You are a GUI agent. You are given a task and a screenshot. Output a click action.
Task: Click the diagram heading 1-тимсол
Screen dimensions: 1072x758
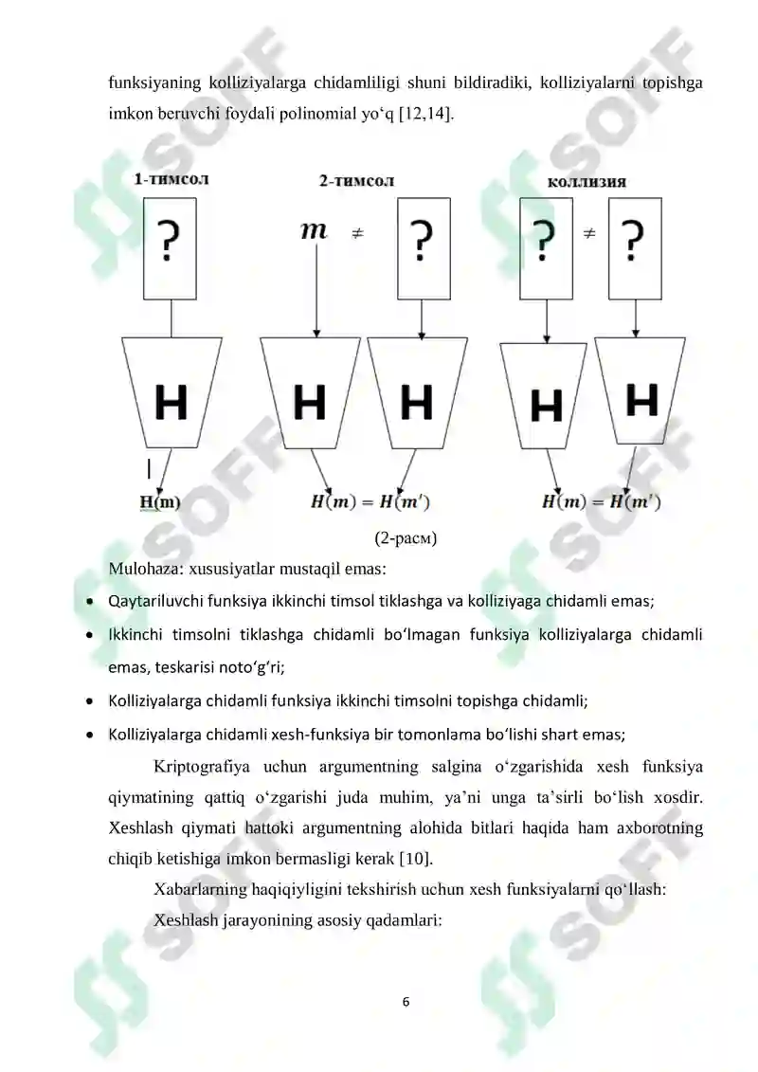[x=171, y=177]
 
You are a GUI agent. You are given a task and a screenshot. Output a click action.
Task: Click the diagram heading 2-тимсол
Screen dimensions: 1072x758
[x=356, y=180]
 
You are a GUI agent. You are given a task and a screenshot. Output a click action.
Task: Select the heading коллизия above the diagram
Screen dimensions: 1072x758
[x=587, y=181]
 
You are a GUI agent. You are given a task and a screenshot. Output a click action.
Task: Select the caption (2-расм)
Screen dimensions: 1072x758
[x=406, y=539]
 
